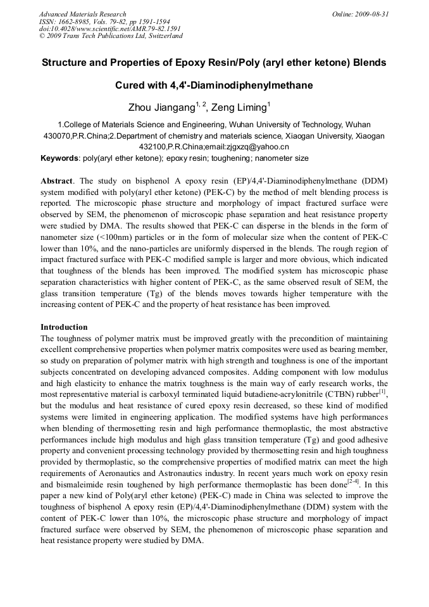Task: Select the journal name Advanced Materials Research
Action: [83, 14]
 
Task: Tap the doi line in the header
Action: [109, 28]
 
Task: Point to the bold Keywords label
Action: [59, 158]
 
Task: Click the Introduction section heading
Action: [64, 327]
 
